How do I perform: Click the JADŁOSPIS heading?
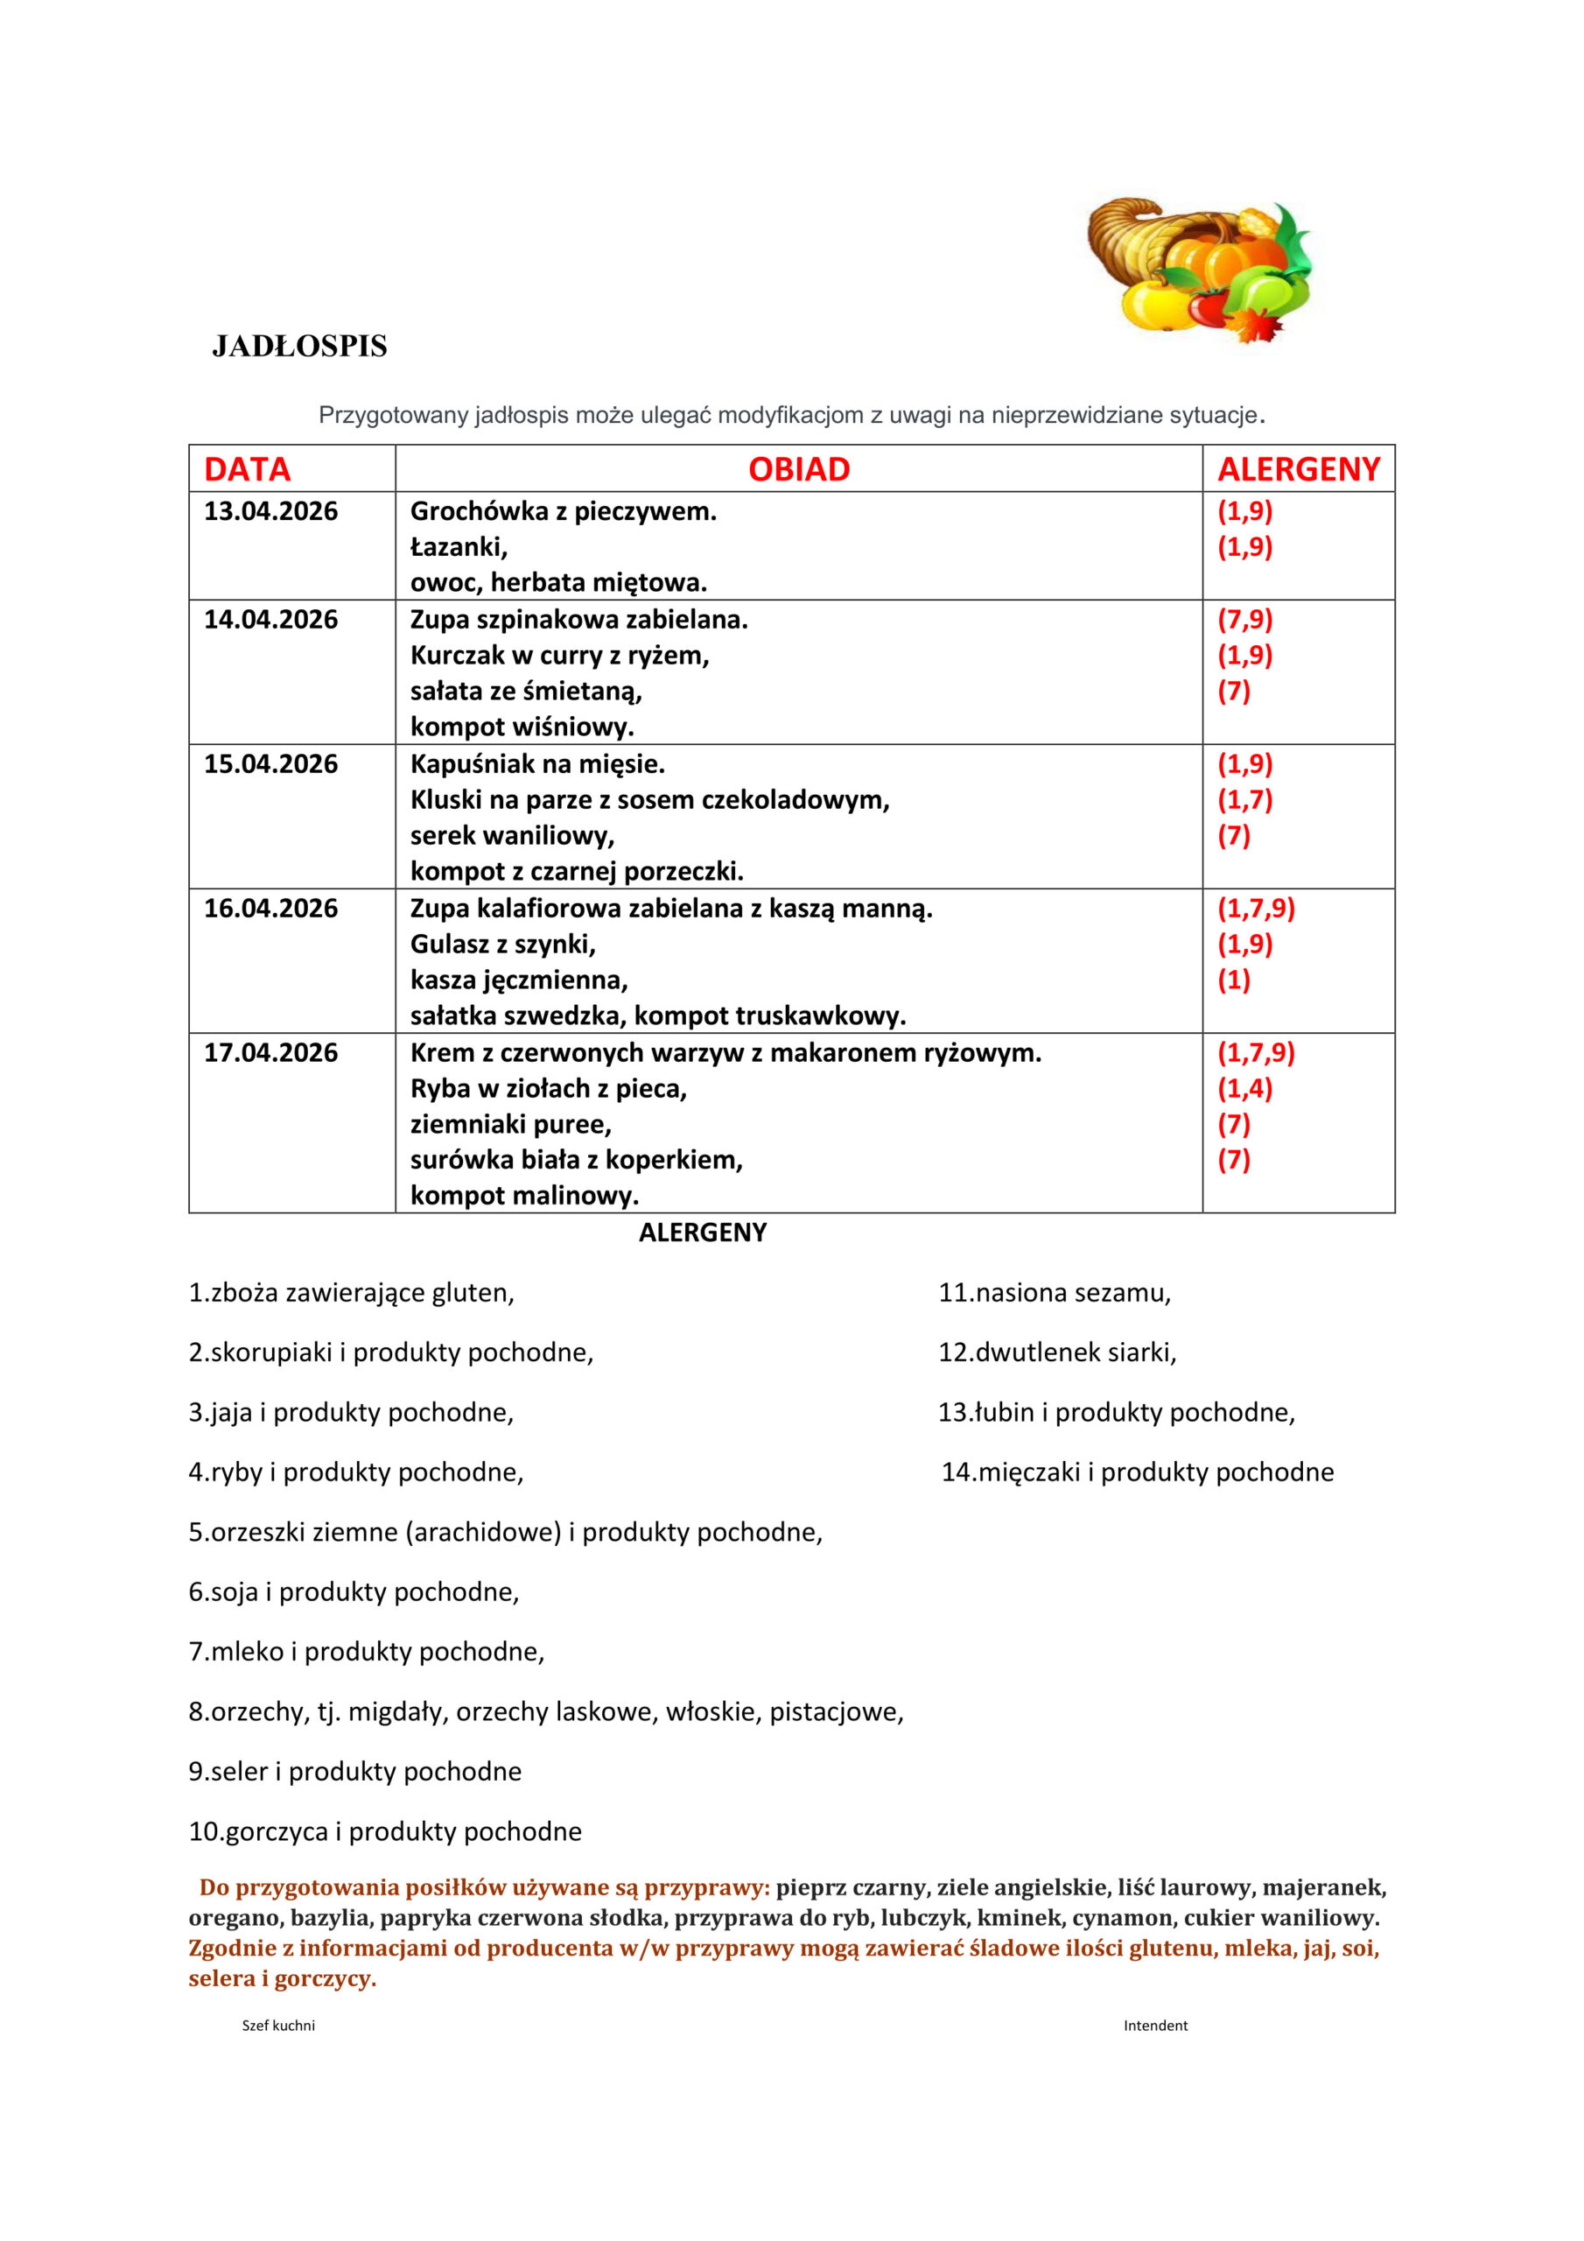tap(299, 347)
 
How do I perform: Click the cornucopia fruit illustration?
tap(1200, 270)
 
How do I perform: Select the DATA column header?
tap(247, 469)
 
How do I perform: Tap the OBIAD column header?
tap(798, 469)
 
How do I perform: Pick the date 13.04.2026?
tap(270, 511)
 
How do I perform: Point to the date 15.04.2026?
tap(270, 764)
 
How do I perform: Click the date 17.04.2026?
tap(270, 1053)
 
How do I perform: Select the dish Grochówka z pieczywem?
tap(563, 511)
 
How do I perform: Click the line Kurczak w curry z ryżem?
tap(559, 656)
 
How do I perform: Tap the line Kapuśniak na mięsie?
tap(536, 764)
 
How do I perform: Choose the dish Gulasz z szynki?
tap(502, 945)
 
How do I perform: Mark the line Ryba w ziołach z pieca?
tap(549, 1089)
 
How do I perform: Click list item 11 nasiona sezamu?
tap(1054, 1293)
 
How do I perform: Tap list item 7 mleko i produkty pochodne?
tap(366, 1653)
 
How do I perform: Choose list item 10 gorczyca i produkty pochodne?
tap(384, 1832)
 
